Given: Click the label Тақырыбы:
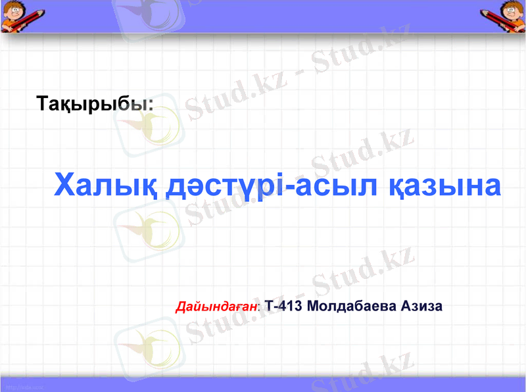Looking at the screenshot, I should (95, 103).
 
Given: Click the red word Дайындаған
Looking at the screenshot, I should (217, 306).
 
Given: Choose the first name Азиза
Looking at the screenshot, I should (418, 306).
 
